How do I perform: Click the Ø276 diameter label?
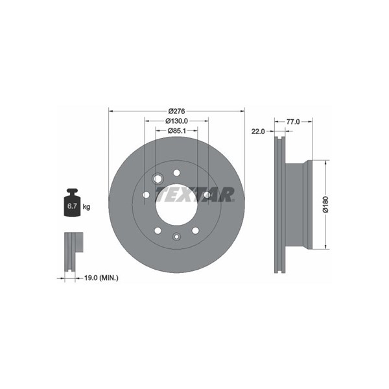(176, 111)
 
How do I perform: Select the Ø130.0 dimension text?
(176, 121)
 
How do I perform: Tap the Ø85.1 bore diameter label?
(176, 131)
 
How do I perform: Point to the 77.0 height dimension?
(293, 122)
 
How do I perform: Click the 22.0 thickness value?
(258, 131)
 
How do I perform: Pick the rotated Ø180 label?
(325, 204)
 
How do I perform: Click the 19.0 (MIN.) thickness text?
(101, 278)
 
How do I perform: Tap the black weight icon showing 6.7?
(72, 203)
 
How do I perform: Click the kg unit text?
(86, 207)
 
